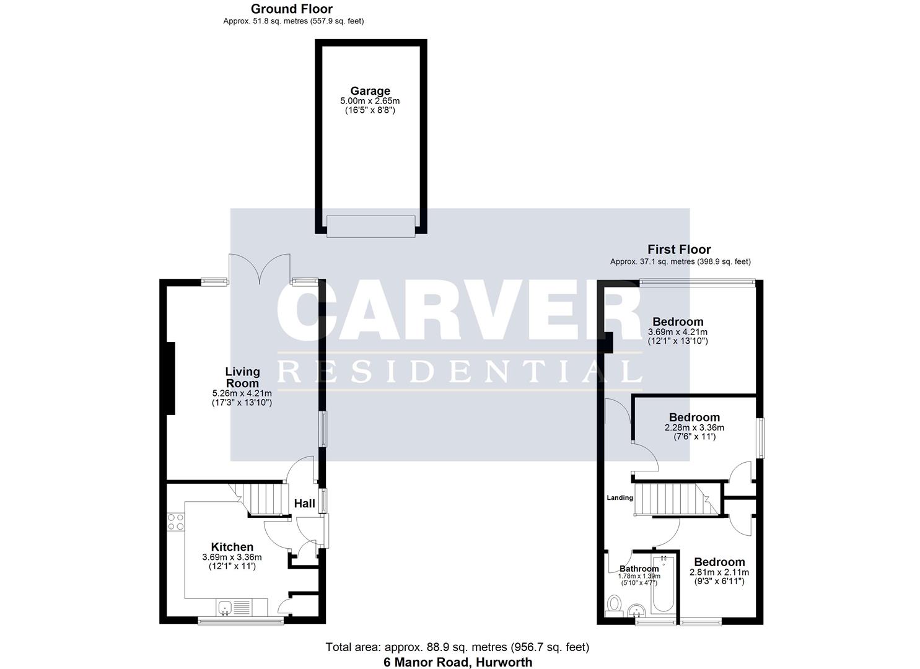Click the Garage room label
(370, 91)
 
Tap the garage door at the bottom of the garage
(370, 226)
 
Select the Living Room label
(242, 377)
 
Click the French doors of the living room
(260, 269)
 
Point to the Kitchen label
(232, 547)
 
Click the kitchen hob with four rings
(175, 522)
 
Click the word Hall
(304, 504)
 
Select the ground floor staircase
(263, 499)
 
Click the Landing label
(620, 497)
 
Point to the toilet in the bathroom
(615, 604)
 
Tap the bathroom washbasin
(637, 612)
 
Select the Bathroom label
(639, 569)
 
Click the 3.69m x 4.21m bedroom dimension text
(678, 332)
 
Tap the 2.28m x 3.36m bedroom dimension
(694, 427)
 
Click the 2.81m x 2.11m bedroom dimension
(719, 572)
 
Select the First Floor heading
(679, 250)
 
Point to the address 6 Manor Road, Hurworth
(457, 662)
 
